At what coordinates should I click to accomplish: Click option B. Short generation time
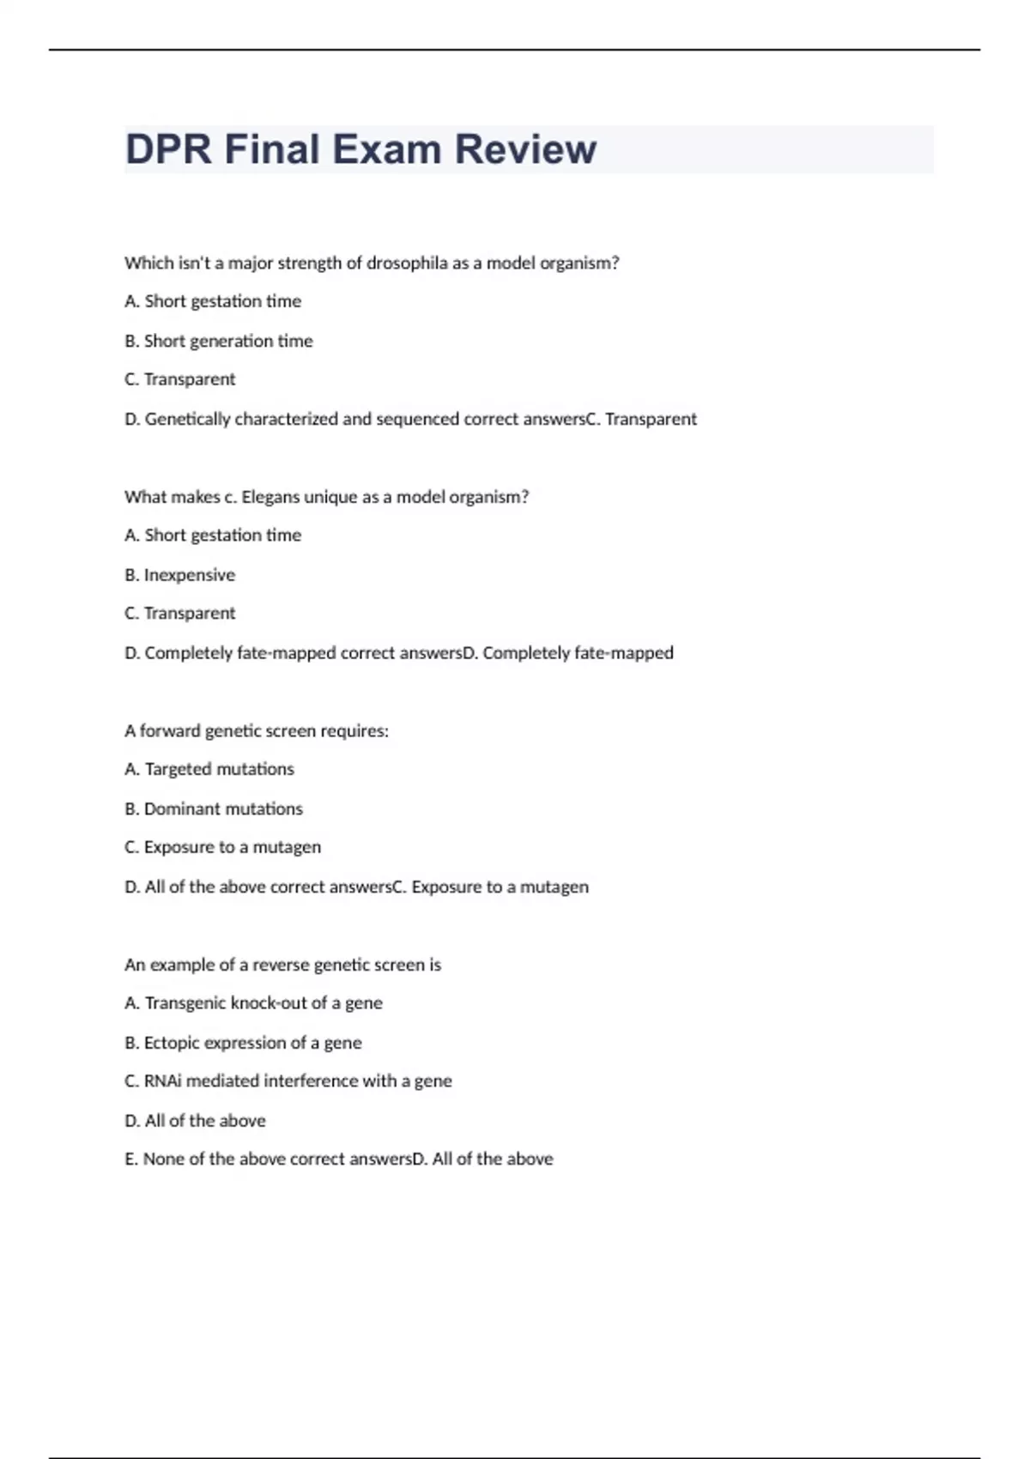[x=219, y=341]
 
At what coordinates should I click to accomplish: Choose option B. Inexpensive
[x=180, y=575]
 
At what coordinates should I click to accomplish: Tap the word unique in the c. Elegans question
[x=327, y=497]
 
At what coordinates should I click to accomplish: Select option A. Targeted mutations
[x=209, y=769]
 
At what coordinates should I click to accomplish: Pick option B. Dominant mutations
[x=214, y=808]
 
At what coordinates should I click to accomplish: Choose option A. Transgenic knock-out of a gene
[x=254, y=1003]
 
